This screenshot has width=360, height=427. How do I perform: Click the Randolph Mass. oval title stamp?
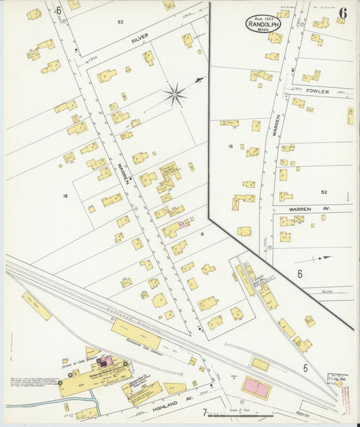(x=263, y=24)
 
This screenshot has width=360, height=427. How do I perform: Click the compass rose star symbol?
(x=176, y=95)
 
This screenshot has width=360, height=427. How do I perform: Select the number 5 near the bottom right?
(x=305, y=368)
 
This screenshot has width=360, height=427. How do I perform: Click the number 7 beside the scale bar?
(x=204, y=413)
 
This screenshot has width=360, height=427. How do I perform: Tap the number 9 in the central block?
(x=201, y=234)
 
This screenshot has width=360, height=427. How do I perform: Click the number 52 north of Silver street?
(x=120, y=22)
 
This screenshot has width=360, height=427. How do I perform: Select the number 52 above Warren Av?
(x=324, y=192)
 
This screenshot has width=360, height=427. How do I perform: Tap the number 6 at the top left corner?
(x=59, y=10)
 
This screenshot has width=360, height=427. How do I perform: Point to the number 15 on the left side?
(x=66, y=196)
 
